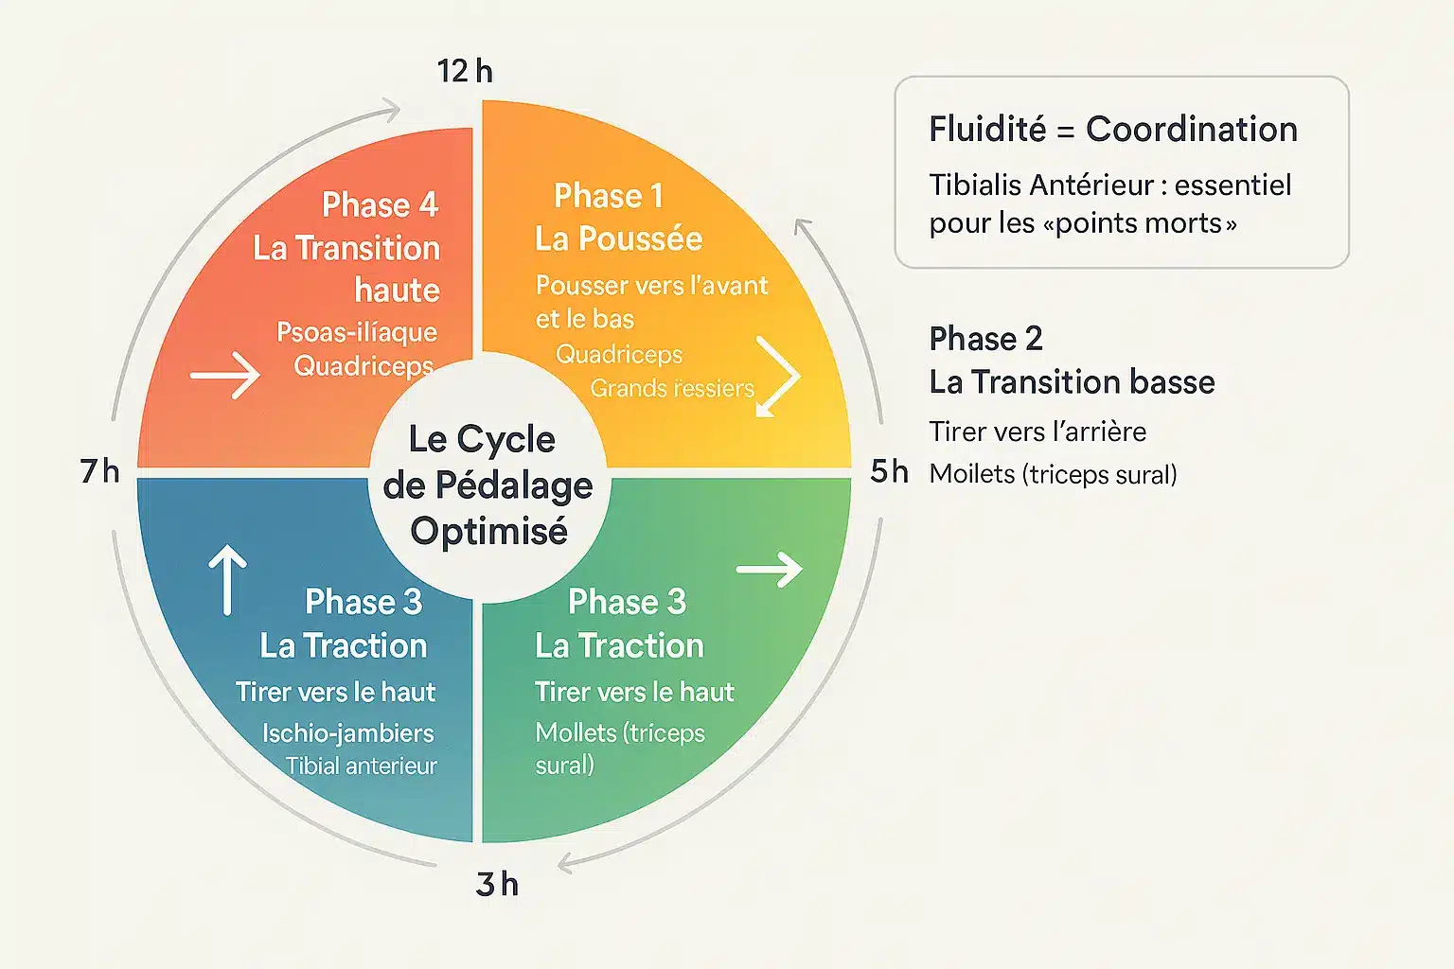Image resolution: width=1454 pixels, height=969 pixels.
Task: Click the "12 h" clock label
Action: (x=465, y=71)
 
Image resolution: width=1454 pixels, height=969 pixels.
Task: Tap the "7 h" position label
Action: (x=99, y=470)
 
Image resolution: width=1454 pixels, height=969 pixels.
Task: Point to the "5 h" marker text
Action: (x=889, y=470)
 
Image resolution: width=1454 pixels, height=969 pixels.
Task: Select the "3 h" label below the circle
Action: (x=497, y=884)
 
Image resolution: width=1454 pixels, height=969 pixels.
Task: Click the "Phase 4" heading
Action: (x=380, y=204)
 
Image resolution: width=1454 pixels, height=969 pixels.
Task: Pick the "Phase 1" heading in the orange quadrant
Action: (x=608, y=196)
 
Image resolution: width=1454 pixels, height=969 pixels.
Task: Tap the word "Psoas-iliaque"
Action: (x=357, y=331)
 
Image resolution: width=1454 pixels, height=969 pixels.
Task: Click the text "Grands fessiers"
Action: (x=672, y=388)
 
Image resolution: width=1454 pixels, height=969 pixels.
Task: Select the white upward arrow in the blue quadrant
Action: (x=227, y=579)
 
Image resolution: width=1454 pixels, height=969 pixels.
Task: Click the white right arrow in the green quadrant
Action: (x=769, y=569)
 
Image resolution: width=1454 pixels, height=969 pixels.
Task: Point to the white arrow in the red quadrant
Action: (x=224, y=376)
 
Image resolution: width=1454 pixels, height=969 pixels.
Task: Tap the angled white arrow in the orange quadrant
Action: (x=778, y=377)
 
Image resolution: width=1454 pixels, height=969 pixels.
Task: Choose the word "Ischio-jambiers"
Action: (x=347, y=732)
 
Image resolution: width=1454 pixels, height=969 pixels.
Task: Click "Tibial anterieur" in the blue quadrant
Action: (x=362, y=766)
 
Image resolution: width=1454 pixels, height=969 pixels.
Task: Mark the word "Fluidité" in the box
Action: (x=987, y=129)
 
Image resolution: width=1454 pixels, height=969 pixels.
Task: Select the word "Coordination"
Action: (x=1191, y=129)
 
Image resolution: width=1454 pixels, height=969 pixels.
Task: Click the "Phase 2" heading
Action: (x=985, y=338)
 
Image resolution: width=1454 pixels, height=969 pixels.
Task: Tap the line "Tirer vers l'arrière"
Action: (x=1037, y=432)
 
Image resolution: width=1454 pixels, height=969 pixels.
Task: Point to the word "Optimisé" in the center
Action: (x=488, y=531)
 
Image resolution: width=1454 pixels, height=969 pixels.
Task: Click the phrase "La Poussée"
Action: (x=618, y=238)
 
